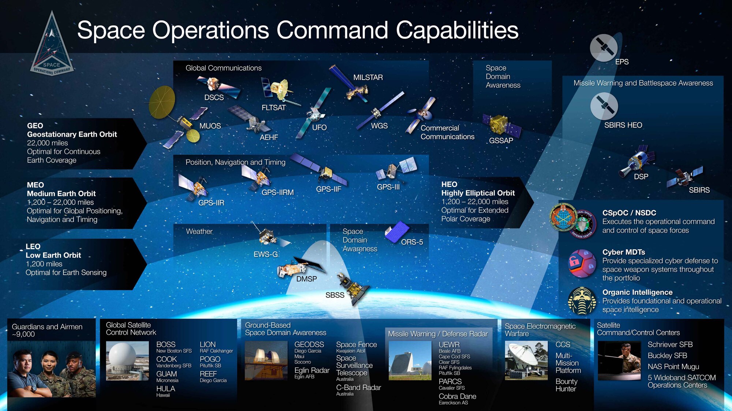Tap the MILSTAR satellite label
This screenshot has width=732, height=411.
pyautogui.click(x=368, y=77)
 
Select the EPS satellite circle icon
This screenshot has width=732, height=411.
pyautogui.click(x=604, y=48)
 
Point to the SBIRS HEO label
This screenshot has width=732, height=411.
pyautogui.click(x=623, y=125)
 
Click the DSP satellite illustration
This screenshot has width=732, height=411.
pyautogui.click(x=637, y=161)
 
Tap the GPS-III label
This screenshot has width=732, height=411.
pyautogui.click(x=388, y=187)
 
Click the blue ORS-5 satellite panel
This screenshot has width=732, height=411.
pyautogui.click(x=397, y=232)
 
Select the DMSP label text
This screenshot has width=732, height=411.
pyautogui.click(x=306, y=279)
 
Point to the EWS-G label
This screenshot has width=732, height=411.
pyautogui.click(x=266, y=254)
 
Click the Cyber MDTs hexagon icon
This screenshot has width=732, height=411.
pyautogui.click(x=582, y=263)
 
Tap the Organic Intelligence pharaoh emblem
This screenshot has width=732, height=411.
pyautogui.click(x=582, y=301)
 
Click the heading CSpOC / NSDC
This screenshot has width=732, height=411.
pyautogui.click(x=629, y=213)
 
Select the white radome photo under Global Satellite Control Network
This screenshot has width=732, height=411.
pyautogui.click(x=127, y=361)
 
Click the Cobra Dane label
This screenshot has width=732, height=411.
pyautogui.click(x=457, y=396)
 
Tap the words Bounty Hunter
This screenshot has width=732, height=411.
pyautogui.click(x=566, y=385)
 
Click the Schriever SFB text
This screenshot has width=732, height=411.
pyautogui.click(x=670, y=344)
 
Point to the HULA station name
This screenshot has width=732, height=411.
pyautogui.click(x=165, y=389)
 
